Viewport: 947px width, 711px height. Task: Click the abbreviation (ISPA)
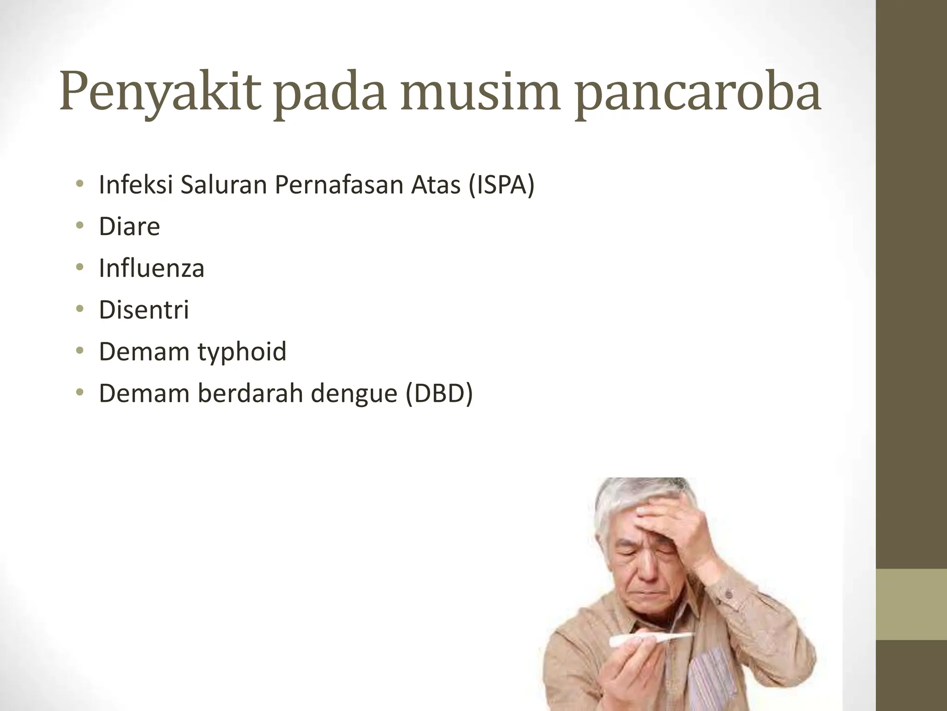point(501,185)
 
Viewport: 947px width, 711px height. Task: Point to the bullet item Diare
point(129,226)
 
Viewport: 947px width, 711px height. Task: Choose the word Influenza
point(151,268)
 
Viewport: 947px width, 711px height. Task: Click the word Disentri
point(144,310)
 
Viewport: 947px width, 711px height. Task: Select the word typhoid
point(242,351)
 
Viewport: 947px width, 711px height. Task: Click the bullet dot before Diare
point(80,226)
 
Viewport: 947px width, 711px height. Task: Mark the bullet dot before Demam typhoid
point(80,351)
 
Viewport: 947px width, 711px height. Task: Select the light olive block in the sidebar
point(911,605)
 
